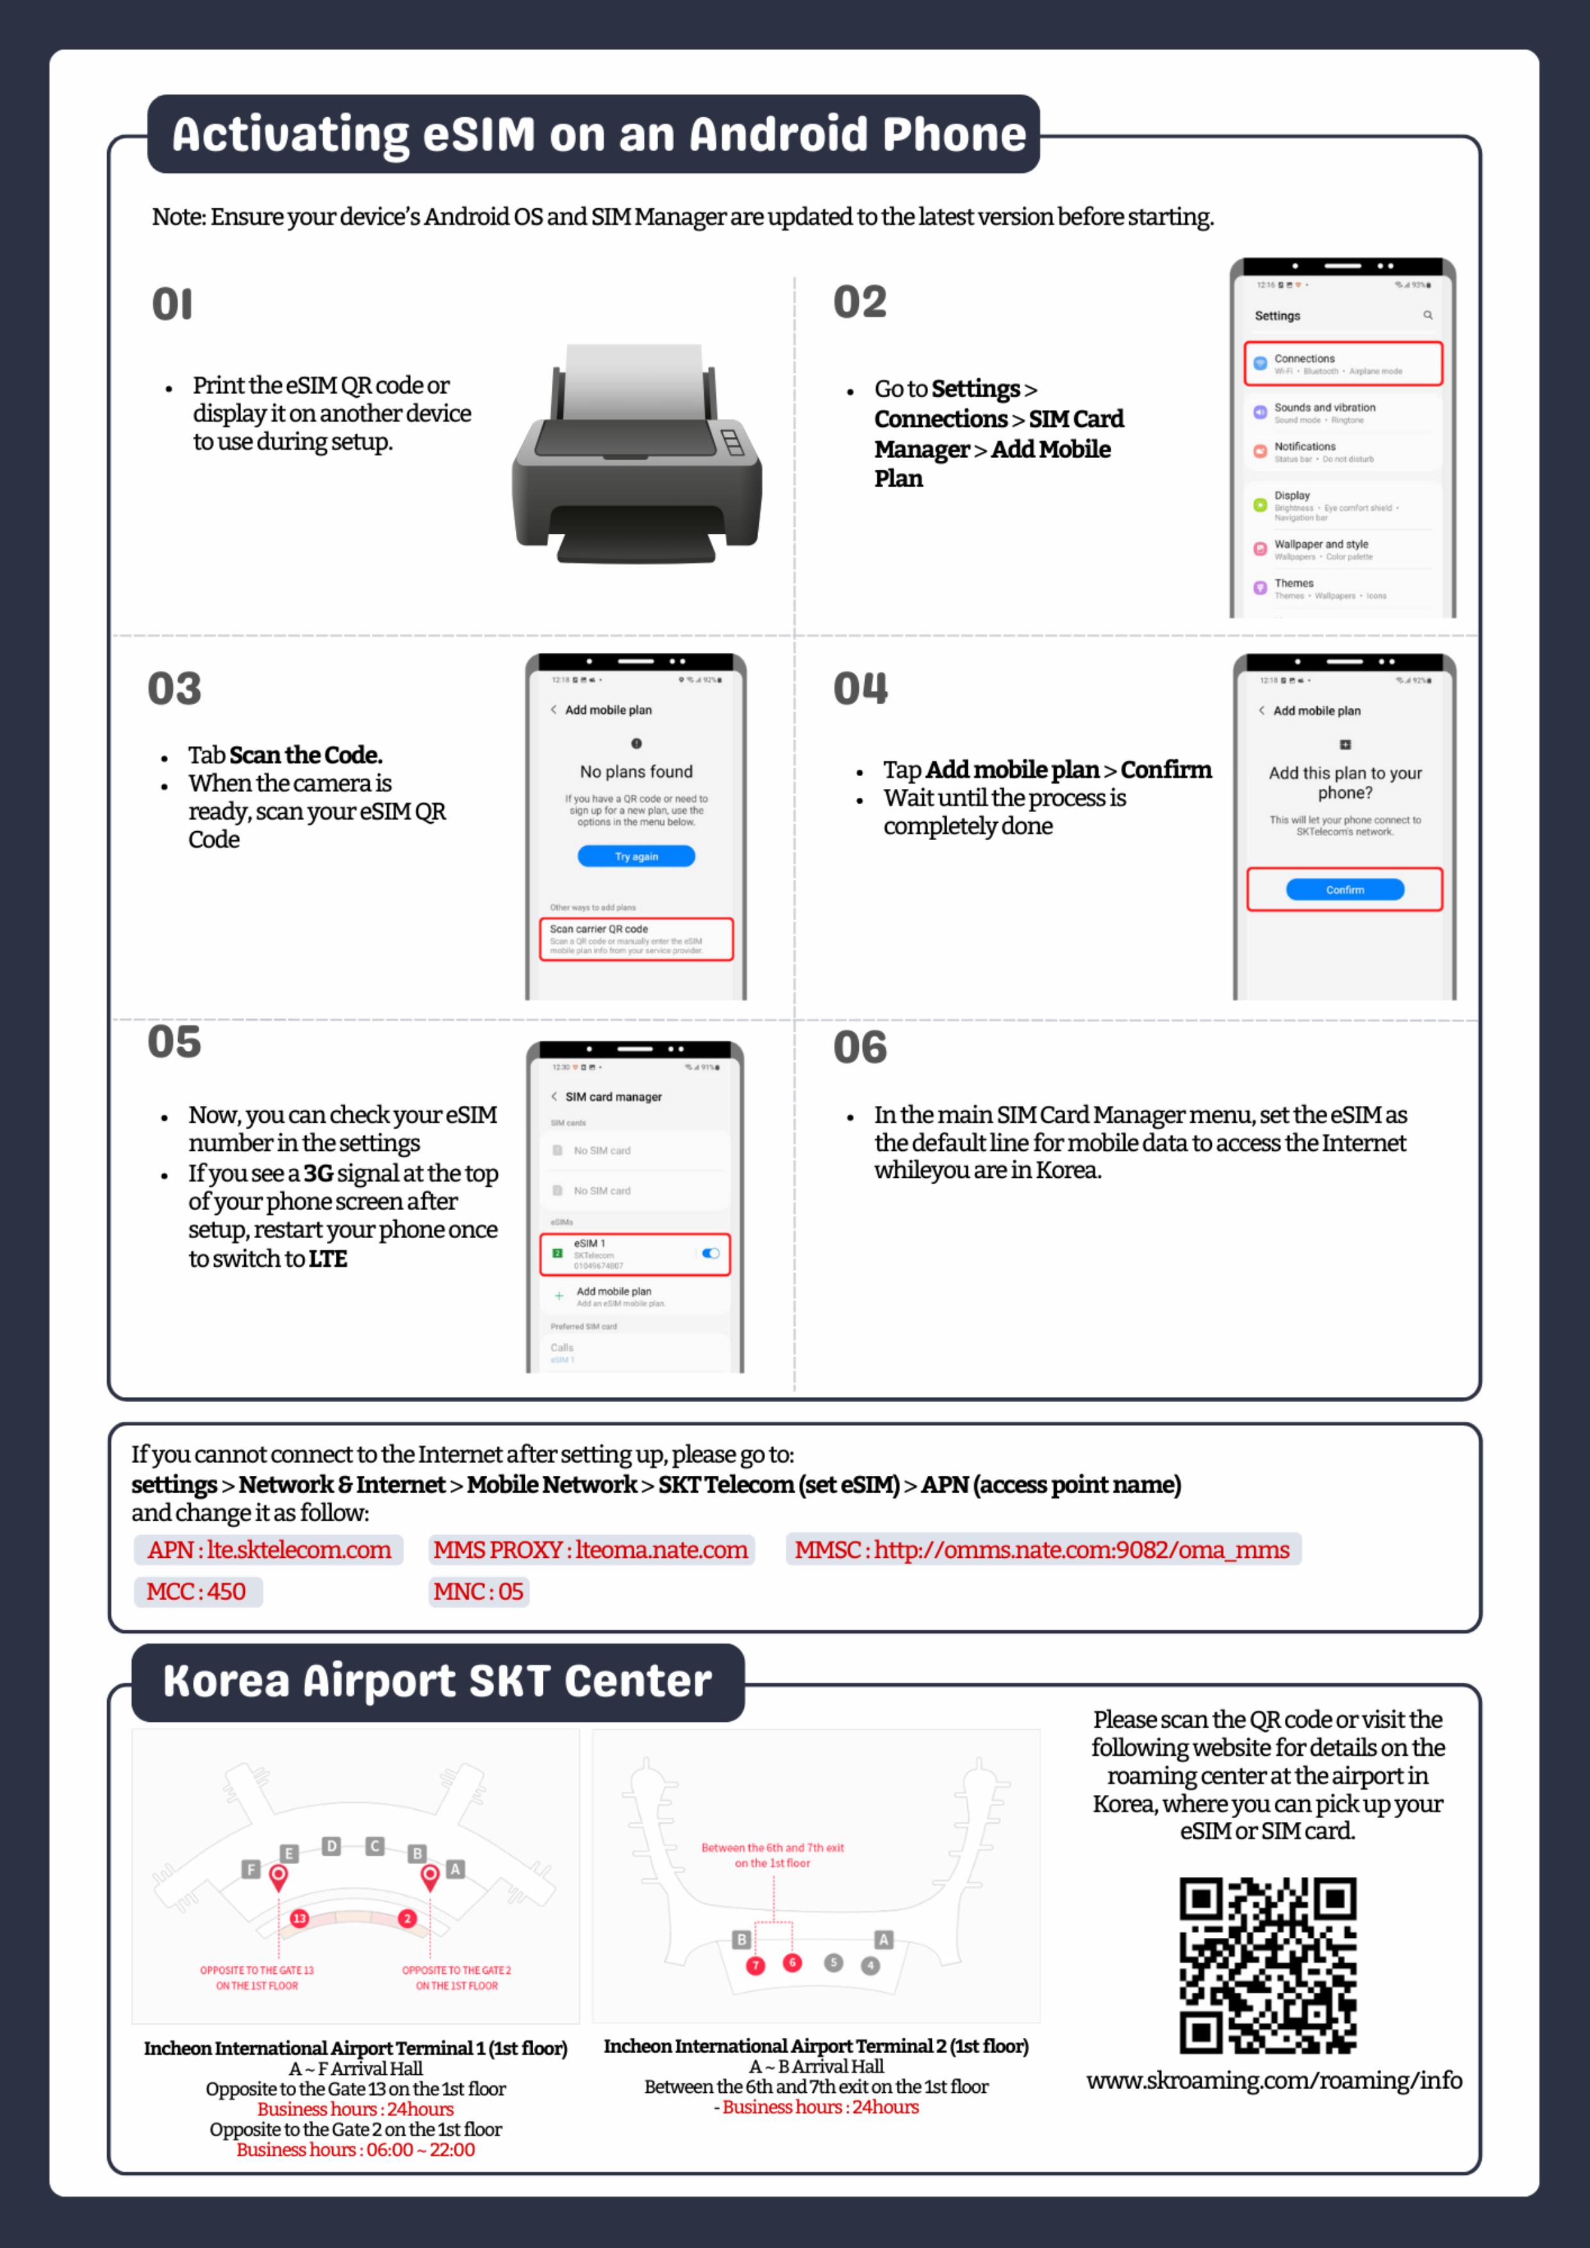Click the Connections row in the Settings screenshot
point(1342,364)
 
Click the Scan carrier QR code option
point(636,939)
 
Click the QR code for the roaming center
point(1267,1964)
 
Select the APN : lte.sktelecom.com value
point(269,1550)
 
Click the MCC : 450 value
point(197,1592)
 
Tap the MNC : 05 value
point(479,1592)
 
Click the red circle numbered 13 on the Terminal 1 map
point(299,1919)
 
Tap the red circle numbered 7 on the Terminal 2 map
point(755,1965)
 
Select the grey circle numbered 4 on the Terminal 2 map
point(870,1965)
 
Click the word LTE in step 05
point(328,1259)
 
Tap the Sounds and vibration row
point(1342,412)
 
